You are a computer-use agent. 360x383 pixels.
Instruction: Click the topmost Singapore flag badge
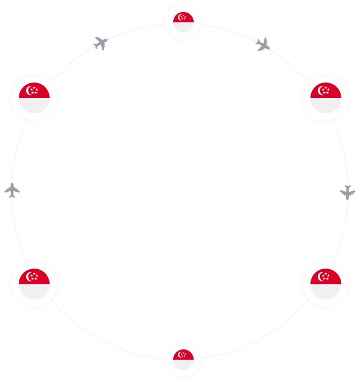click(183, 22)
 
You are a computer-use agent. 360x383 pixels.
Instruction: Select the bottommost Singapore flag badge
click(183, 360)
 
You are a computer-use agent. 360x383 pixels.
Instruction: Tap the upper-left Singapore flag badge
click(34, 98)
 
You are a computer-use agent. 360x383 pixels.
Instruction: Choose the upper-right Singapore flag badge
click(325, 98)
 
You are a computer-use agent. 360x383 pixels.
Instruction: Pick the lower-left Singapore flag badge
click(34, 284)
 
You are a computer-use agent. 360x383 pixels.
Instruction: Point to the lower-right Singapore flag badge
click(325, 284)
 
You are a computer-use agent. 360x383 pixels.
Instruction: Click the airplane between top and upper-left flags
click(101, 43)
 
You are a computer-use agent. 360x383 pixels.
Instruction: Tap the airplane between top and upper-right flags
click(262, 45)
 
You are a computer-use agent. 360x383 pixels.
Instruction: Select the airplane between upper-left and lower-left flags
click(13, 191)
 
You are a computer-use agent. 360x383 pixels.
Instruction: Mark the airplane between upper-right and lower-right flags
click(346, 191)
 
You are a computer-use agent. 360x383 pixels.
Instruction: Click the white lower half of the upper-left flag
click(34, 105)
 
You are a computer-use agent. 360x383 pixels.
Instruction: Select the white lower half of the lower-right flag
click(325, 291)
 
